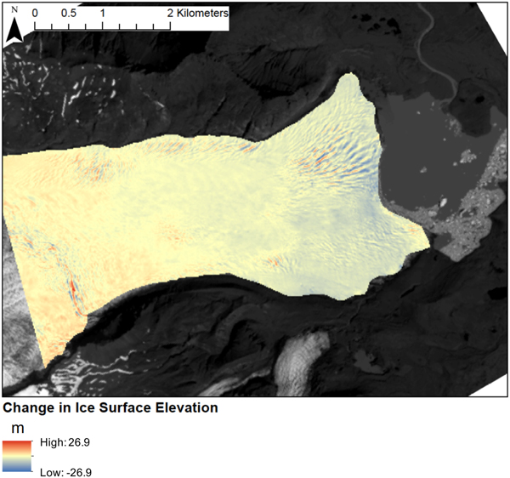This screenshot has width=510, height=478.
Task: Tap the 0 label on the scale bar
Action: (35, 14)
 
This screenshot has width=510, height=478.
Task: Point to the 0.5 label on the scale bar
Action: (68, 14)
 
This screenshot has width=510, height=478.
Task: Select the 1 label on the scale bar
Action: (103, 14)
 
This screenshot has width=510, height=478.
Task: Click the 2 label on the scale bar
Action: (170, 14)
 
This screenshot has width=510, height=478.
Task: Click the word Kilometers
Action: (203, 14)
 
